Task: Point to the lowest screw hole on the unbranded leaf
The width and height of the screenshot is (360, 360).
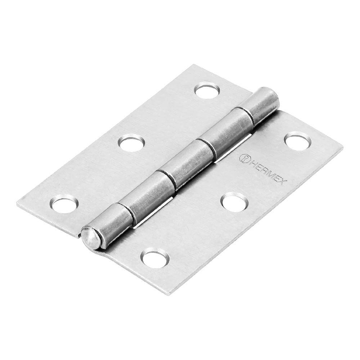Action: click(x=64, y=202)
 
